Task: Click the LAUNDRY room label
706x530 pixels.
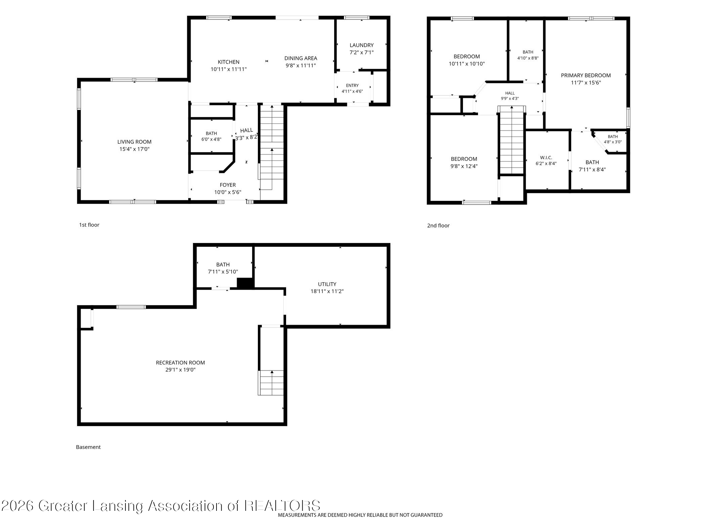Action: tap(361, 45)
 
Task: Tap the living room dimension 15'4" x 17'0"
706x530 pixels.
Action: tap(134, 149)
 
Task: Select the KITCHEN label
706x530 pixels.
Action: tap(229, 62)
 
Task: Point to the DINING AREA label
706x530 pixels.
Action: tap(301, 58)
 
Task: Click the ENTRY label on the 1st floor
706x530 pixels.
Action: tap(352, 85)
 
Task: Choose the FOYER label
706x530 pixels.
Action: tap(228, 185)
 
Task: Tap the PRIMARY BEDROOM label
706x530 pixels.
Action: tap(586, 75)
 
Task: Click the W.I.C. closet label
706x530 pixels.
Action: tap(546, 157)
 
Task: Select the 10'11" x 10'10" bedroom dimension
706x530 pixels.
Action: tap(467, 64)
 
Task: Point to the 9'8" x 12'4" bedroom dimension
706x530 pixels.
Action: tap(464, 166)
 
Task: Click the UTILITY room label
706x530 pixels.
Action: tap(327, 284)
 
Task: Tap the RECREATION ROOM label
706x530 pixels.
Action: tap(180, 363)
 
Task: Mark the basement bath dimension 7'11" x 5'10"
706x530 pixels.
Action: tap(223, 272)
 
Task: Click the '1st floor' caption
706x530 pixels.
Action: tap(89, 225)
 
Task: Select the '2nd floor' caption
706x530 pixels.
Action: tap(438, 225)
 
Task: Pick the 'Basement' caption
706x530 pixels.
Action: tap(88, 447)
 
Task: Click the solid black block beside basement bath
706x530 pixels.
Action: tap(245, 283)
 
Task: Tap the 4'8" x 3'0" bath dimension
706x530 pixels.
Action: tap(613, 142)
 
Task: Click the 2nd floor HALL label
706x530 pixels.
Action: tap(510, 93)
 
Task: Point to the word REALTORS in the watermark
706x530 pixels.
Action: tap(282, 506)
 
